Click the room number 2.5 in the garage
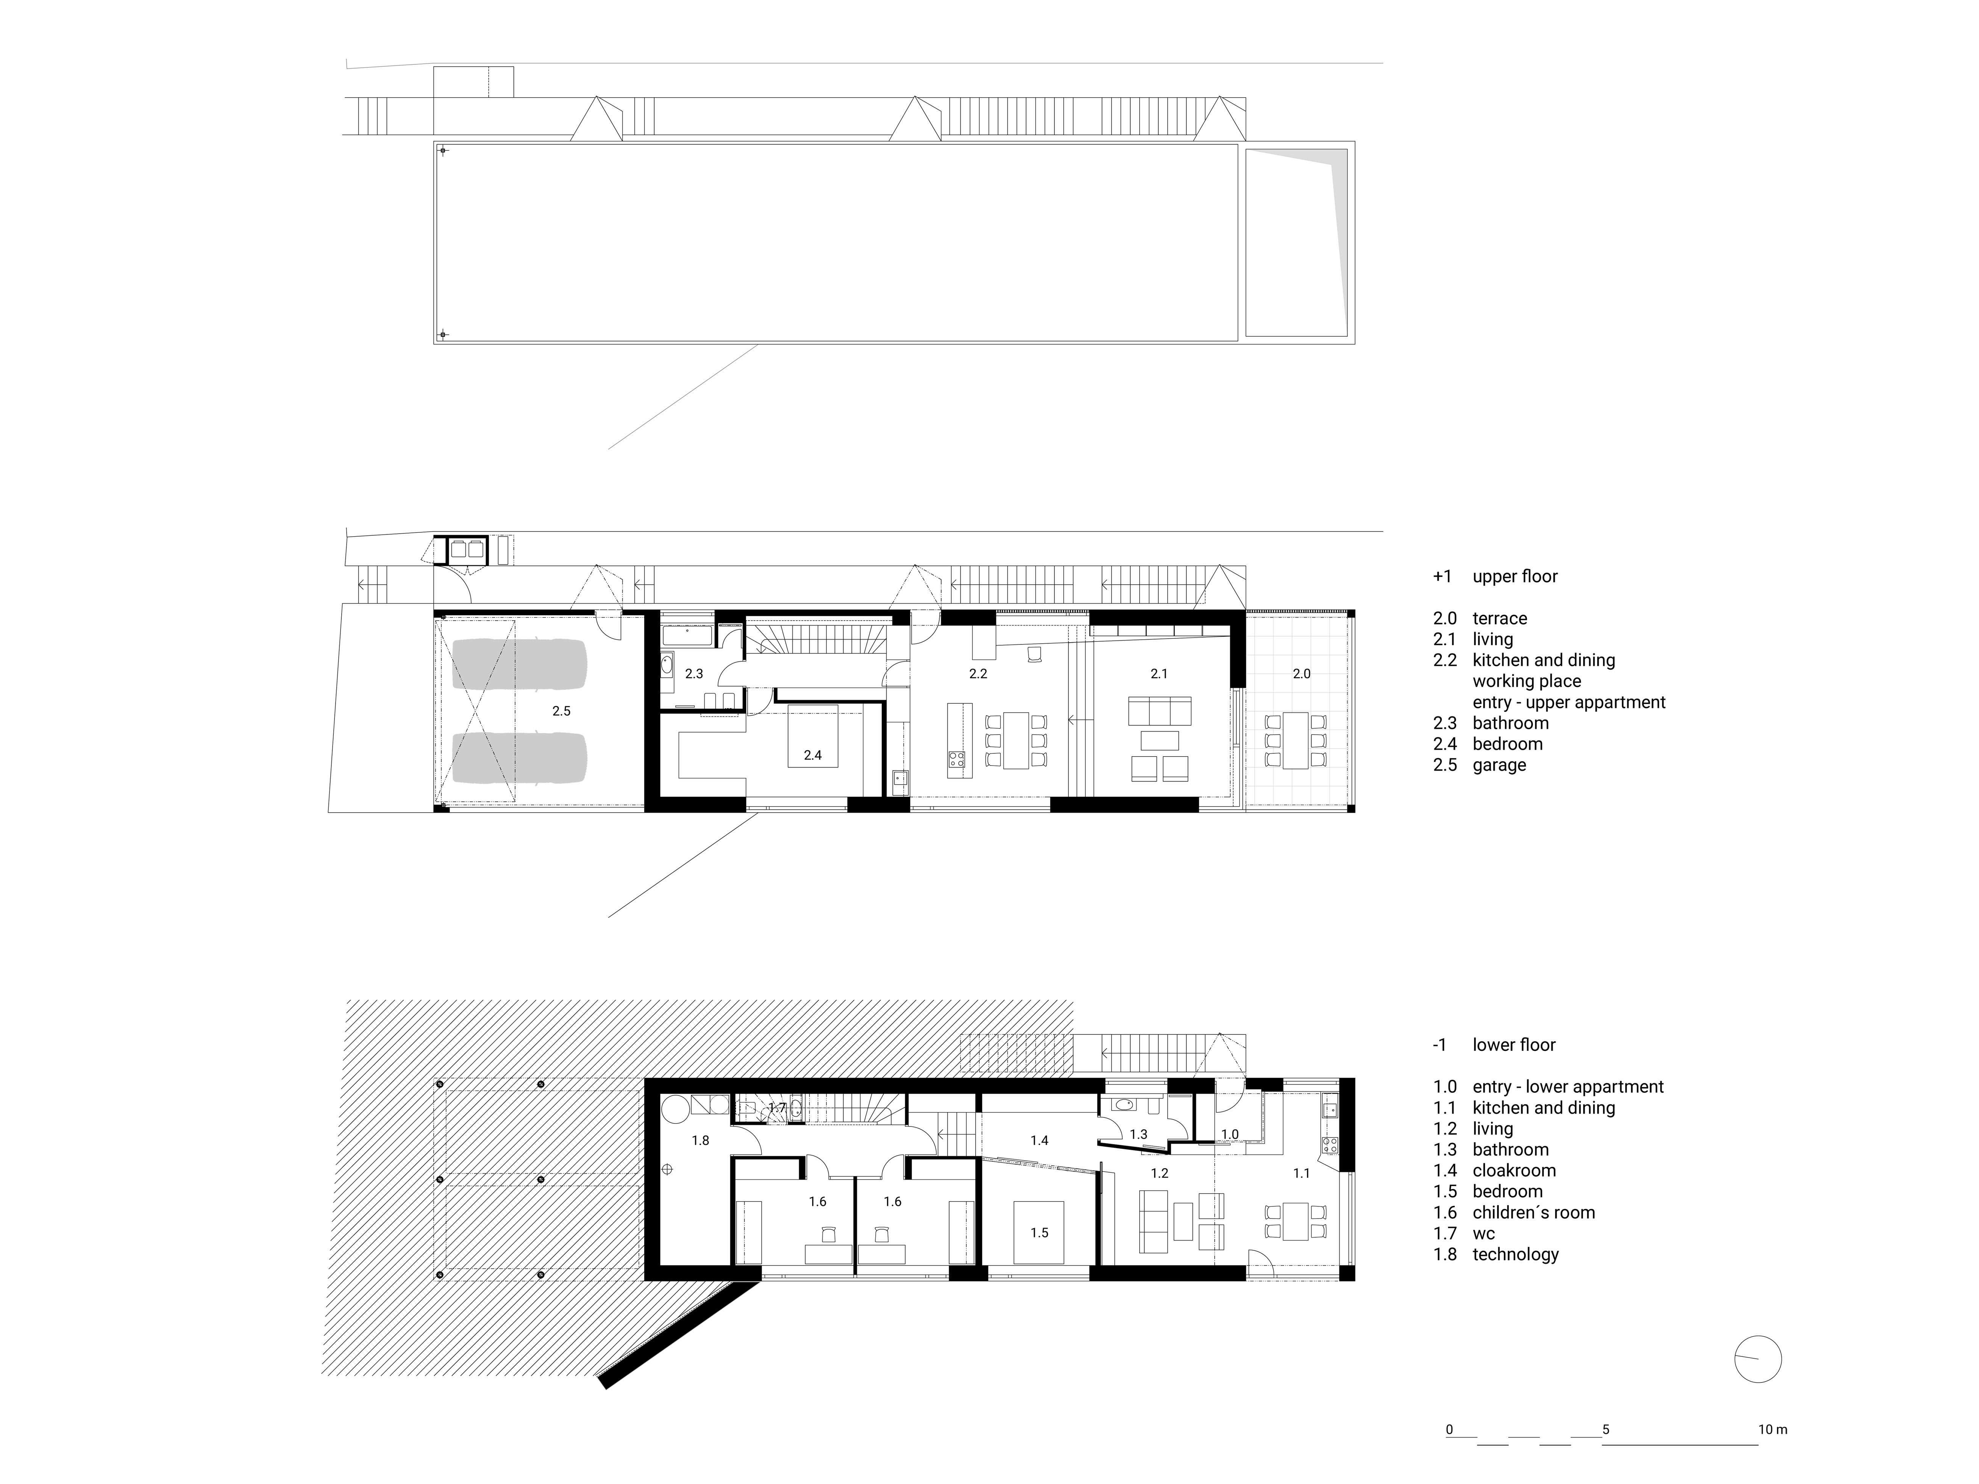point(561,711)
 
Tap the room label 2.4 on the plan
point(812,755)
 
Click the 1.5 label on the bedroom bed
point(1039,1233)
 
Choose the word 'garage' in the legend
point(1499,765)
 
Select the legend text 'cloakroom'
point(1514,1170)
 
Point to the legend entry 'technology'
point(1515,1254)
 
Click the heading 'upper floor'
point(1515,576)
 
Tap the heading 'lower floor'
point(1514,1045)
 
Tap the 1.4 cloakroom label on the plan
point(1039,1141)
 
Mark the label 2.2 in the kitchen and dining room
point(978,674)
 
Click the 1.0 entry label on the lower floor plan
point(1230,1134)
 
